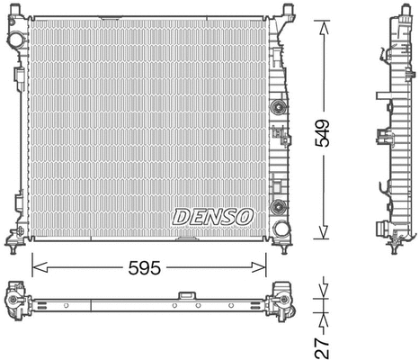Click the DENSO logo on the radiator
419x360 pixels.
(x=212, y=217)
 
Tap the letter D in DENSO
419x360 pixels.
(x=179, y=217)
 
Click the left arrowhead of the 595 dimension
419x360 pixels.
(x=36, y=265)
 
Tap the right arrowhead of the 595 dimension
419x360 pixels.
(x=263, y=265)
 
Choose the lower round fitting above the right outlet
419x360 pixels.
(x=281, y=203)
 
